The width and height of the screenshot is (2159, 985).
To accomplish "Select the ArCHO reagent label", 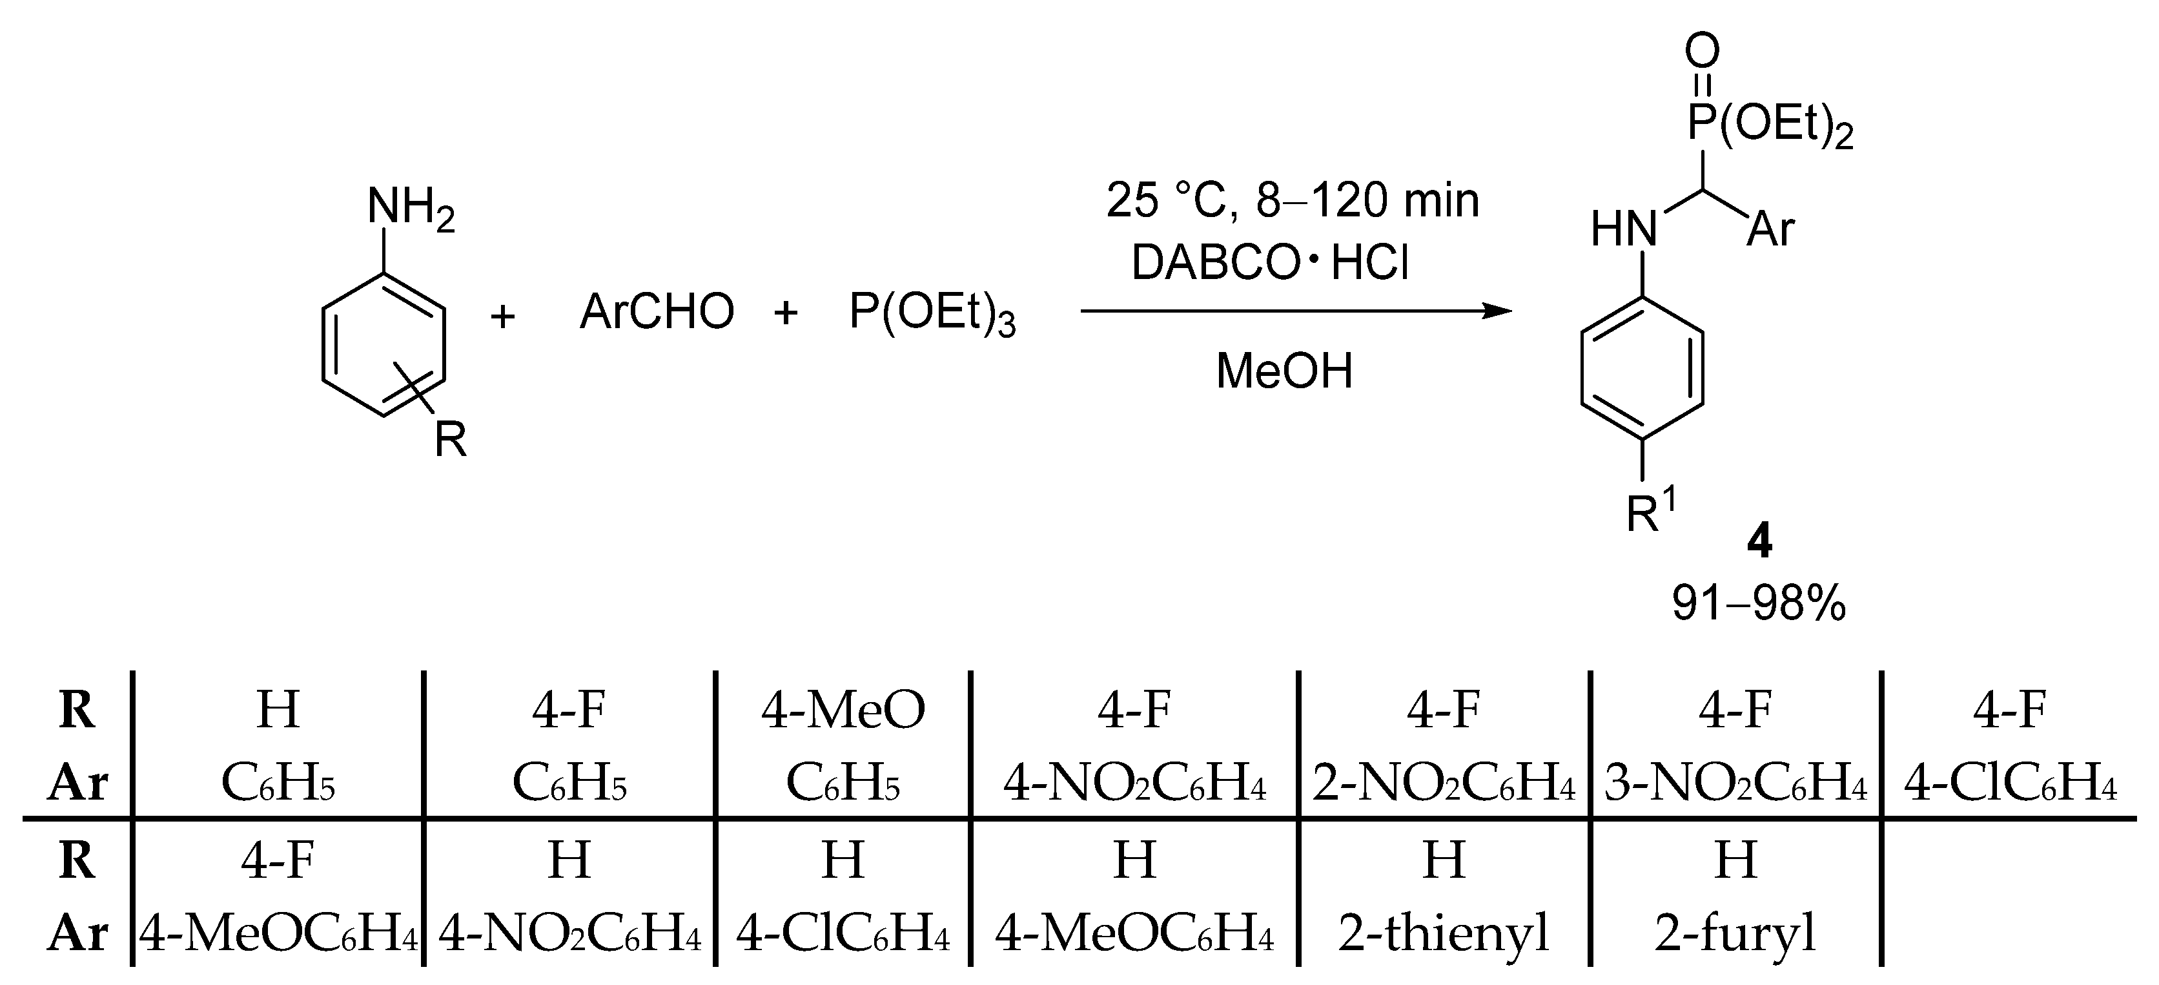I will pos(656,312).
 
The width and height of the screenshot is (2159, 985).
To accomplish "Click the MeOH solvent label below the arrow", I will pos(1284,371).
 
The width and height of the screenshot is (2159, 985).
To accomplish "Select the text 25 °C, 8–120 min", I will pos(1291,201).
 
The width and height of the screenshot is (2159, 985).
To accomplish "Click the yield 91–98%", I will pos(1758,603).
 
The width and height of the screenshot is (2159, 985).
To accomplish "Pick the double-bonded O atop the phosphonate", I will pos(1703,51).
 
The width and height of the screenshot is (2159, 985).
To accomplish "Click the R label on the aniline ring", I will pos(450,439).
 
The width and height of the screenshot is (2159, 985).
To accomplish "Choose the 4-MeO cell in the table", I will pos(843,709).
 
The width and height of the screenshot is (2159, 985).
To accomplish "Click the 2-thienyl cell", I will pos(1443,932).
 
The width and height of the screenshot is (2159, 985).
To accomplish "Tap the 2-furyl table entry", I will pos(1735,932).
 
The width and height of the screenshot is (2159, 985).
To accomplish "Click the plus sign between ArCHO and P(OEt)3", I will pos(785,313).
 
